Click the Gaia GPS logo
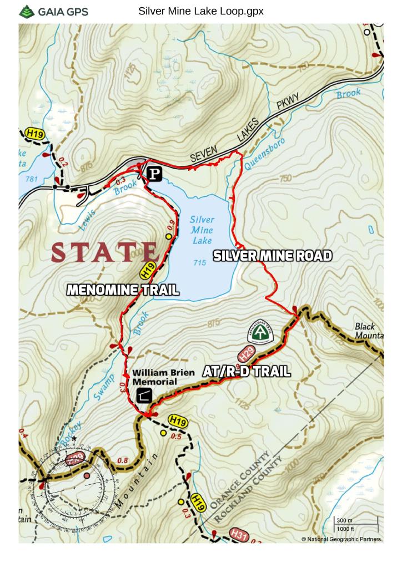(53, 12)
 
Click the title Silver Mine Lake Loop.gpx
(200, 11)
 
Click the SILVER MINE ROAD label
(273, 256)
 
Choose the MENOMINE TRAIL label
(123, 290)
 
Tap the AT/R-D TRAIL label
(247, 372)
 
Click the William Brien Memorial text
(163, 377)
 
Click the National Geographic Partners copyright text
(341, 539)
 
